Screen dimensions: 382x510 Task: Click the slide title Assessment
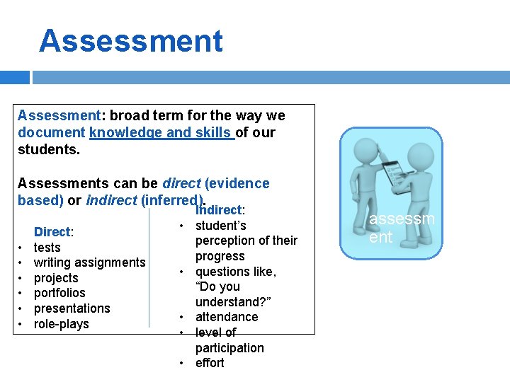[131, 41]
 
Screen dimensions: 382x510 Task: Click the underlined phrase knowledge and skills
[161, 132]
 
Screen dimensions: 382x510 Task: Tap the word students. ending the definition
[49, 150]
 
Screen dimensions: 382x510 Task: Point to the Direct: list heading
[54, 232]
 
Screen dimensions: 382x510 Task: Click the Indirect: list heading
[220, 210]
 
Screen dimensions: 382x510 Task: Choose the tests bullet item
[47, 248]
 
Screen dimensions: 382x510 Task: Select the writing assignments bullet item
[89, 262]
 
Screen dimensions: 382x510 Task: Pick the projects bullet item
[56, 278]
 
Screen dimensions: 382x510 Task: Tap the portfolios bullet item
[59, 293]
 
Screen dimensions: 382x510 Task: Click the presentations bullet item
[72, 308]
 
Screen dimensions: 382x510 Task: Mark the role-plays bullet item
[62, 324]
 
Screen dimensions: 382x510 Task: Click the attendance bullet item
[227, 317]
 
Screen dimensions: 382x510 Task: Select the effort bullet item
[210, 363]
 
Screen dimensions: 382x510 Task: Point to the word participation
[229, 348]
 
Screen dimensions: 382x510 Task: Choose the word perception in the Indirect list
[226, 241]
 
